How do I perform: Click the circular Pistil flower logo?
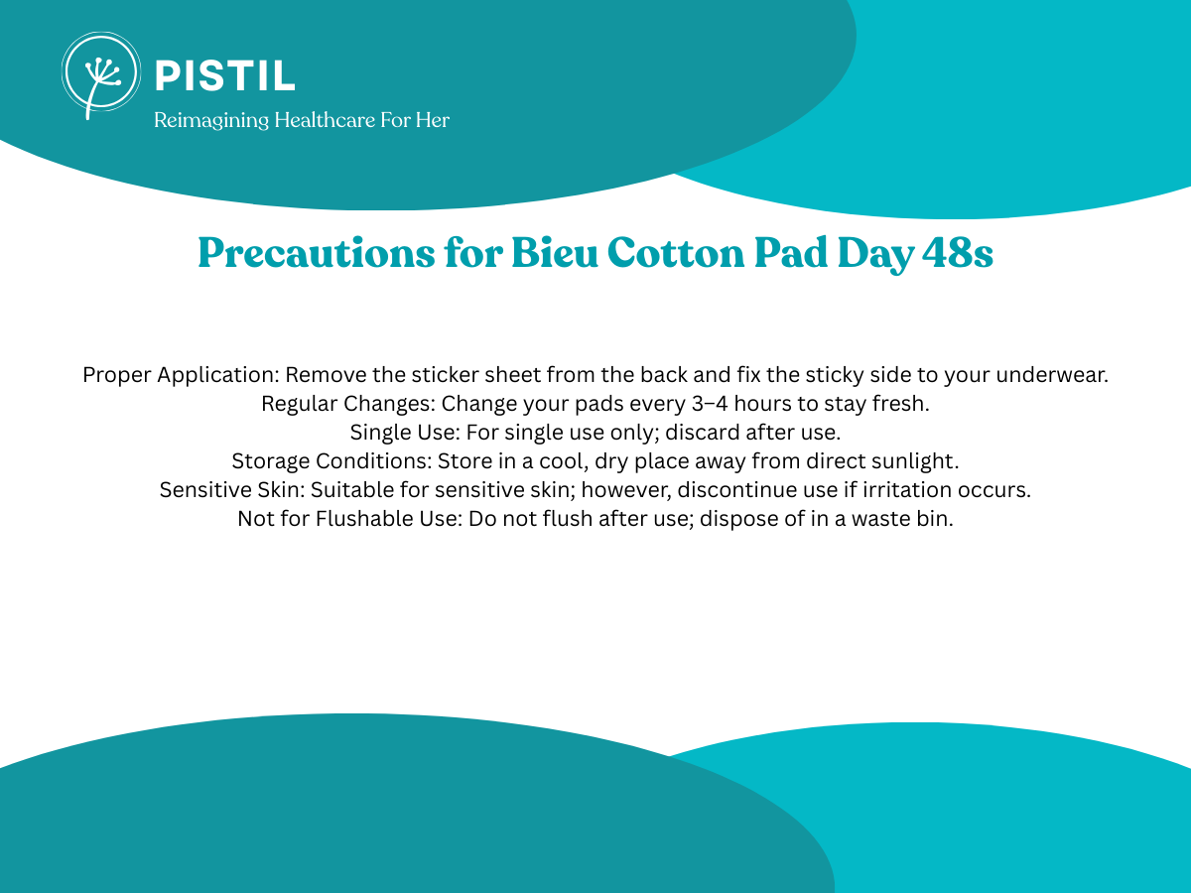coord(101,74)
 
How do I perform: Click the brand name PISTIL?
coord(225,76)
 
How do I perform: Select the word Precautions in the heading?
coord(317,253)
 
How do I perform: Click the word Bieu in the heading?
coord(555,252)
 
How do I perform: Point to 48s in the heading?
coord(958,253)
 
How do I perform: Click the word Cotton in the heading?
coord(676,253)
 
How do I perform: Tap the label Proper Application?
coord(181,375)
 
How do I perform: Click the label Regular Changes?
coord(348,404)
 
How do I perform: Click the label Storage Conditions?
coord(331,460)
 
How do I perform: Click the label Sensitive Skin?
coord(232,489)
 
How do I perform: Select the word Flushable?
coord(366,518)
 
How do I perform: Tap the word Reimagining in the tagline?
coord(211,121)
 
